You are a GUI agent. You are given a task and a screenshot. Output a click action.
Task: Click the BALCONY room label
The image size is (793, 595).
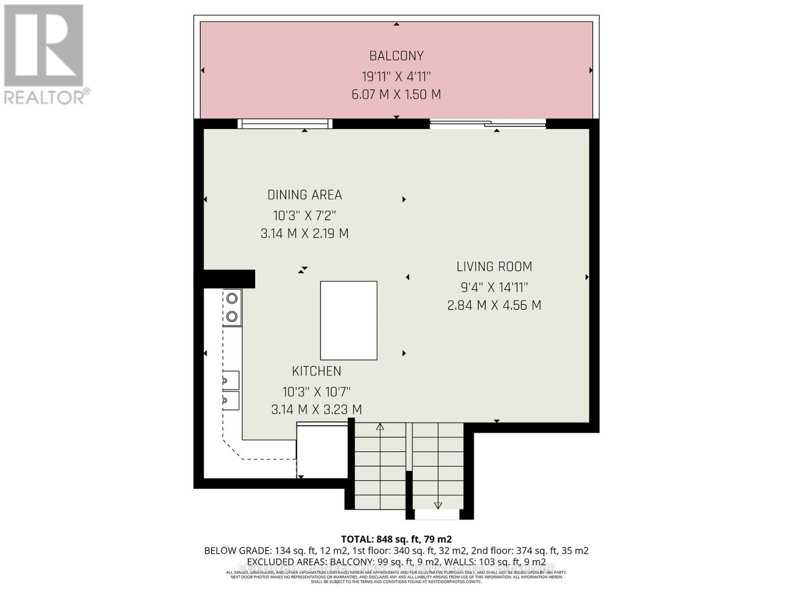396,56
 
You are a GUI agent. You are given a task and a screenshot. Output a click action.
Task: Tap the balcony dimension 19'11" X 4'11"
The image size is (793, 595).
396,77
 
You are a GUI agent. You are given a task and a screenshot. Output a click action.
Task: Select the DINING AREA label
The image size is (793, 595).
304,195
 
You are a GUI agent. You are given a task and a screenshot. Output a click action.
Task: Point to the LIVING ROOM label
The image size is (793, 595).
494,267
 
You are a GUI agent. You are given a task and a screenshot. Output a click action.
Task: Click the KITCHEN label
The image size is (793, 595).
316,371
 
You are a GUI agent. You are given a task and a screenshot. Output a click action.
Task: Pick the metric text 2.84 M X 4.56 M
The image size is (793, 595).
494,305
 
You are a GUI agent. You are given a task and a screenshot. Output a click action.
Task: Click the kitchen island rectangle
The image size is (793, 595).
348,320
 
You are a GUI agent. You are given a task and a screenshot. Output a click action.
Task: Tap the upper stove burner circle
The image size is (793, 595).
232,298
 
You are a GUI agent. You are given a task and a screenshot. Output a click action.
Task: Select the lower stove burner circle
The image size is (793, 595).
232,316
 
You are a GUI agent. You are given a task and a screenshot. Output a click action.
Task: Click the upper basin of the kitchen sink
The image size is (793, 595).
231,380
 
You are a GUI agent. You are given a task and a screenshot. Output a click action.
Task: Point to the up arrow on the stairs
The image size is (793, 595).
380,426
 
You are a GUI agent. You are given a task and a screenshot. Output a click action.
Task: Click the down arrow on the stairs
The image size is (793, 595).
438,505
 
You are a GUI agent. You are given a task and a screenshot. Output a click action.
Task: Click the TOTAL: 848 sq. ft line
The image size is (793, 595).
396,539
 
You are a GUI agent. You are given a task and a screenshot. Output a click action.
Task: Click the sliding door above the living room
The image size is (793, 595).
488,124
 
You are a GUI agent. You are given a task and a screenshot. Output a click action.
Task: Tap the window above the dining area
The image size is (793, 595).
284,123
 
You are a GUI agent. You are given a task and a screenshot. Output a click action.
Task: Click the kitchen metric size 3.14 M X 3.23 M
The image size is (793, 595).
316,410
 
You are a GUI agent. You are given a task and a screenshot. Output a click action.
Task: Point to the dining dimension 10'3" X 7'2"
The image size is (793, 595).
304,216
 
